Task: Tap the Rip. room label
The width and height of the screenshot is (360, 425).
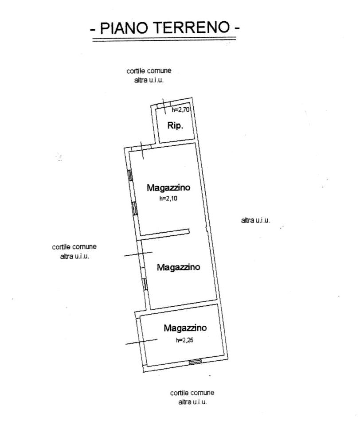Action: pyautogui.click(x=175, y=125)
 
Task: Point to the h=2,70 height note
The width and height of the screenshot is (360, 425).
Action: pyautogui.click(x=180, y=110)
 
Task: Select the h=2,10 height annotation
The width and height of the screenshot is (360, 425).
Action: pyautogui.click(x=168, y=199)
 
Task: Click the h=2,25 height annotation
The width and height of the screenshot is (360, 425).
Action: pyautogui.click(x=184, y=340)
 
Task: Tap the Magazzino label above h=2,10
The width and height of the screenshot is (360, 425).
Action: pyautogui.click(x=168, y=187)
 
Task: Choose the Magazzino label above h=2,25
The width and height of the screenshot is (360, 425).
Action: pyautogui.click(x=185, y=328)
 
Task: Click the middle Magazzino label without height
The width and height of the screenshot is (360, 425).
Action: pyautogui.click(x=178, y=267)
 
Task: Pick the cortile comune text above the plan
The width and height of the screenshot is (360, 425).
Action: pyautogui.click(x=149, y=71)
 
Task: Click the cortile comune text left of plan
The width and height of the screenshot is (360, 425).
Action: pyautogui.click(x=74, y=247)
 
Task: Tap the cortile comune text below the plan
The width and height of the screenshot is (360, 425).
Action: pyautogui.click(x=192, y=393)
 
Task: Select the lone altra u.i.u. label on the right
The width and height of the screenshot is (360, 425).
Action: pyautogui.click(x=255, y=220)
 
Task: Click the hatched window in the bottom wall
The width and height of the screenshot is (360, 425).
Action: pyautogui.click(x=195, y=361)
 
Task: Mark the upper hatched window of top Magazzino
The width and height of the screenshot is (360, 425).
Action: pyautogui.click(x=130, y=175)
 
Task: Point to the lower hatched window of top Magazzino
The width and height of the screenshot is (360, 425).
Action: pyautogui.click(x=134, y=208)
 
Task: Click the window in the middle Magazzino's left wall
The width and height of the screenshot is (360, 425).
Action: pyautogui.click(x=145, y=285)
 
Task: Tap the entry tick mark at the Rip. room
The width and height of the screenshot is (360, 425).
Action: pyautogui.click(x=164, y=106)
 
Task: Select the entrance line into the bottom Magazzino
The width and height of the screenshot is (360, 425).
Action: pyautogui.click(x=141, y=342)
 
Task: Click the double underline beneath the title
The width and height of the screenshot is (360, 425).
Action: pyautogui.click(x=164, y=39)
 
